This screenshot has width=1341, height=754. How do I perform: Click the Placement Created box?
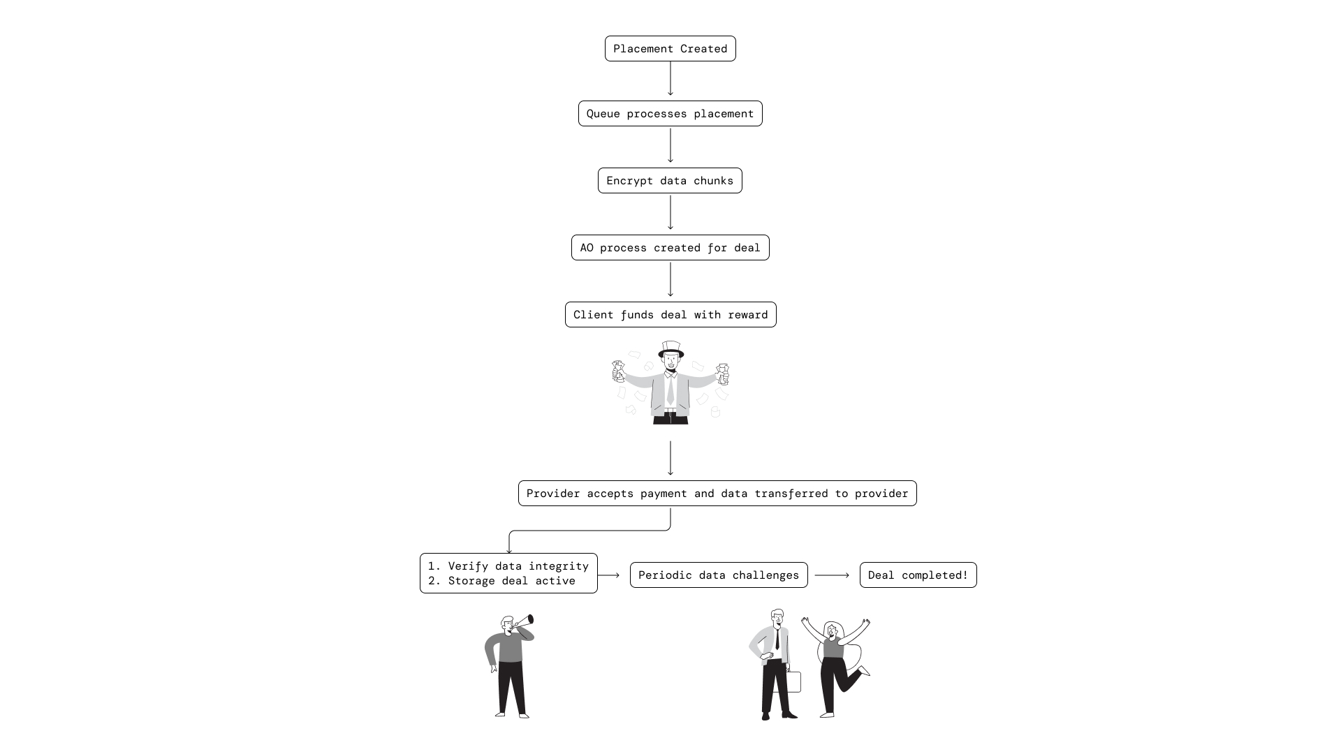(x=670, y=49)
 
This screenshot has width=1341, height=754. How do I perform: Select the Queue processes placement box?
(x=670, y=114)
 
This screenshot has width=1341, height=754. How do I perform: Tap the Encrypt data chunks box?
(x=670, y=181)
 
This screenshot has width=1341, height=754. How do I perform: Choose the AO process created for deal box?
(x=670, y=248)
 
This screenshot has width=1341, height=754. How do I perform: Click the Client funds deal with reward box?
(x=670, y=315)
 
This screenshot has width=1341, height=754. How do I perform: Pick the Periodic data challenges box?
(x=718, y=575)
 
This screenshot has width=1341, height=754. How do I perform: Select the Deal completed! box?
(x=918, y=575)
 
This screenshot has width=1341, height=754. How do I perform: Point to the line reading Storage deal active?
(x=511, y=581)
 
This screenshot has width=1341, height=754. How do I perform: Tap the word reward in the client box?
(x=747, y=315)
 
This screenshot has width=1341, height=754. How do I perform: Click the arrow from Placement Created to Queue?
(x=670, y=78)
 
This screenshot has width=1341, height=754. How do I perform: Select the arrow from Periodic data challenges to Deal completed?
(x=832, y=575)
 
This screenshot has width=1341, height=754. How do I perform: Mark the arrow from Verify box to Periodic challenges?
(x=609, y=575)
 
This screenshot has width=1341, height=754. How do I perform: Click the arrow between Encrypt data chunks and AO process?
(x=670, y=212)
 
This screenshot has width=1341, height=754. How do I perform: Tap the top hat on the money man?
(x=670, y=348)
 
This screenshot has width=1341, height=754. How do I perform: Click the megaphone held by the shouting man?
(x=525, y=621)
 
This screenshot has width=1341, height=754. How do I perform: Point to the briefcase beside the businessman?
(x=793, y=681)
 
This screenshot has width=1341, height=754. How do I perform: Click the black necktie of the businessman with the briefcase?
(x=777, y=638)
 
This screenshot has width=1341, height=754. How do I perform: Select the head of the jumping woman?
(x=832, y=630)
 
